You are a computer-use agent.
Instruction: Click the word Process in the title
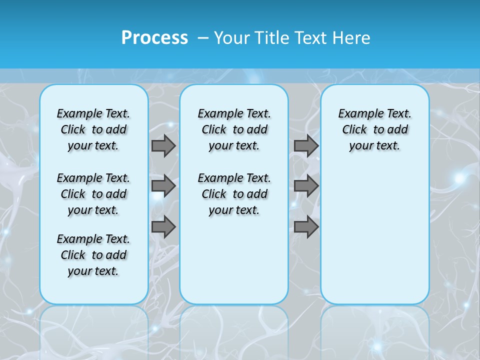pyautogui.click(x=154, y=37)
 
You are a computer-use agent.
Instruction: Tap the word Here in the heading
pyautogui.click(x=352, y=37)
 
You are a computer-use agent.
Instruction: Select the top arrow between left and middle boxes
pyautogui.click(x=163, y=145)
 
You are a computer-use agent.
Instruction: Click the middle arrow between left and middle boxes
pyautogui.click(x=163, y=186)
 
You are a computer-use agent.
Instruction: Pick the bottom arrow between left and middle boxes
pyautogui.click(x=163, y=227)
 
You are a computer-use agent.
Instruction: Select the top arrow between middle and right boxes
pyautogui.click(x=306, y=145)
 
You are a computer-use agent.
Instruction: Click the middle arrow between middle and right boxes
pyautogui.click(x=306, y=186)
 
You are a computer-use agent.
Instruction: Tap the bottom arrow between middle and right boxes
pyautogui.click(x=306, y=227)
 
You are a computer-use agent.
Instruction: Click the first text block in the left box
pyautogui.click(x=93, y=129)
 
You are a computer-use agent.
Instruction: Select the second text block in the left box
pyautogui.click(x=93, y=194)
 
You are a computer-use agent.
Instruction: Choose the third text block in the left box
pyautogui.click(x=93, y=255)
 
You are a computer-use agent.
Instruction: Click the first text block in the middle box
pyautogui.click(x=234, y=129)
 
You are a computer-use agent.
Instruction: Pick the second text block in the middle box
pyautogui.click(x=234, y=194)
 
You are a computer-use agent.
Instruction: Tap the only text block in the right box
pyautogui.click(x=374, y=129)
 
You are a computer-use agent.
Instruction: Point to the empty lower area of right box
pyautogui.click(x=374, y=235)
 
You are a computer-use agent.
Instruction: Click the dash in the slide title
pyautogui.click(x=203, y=38)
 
